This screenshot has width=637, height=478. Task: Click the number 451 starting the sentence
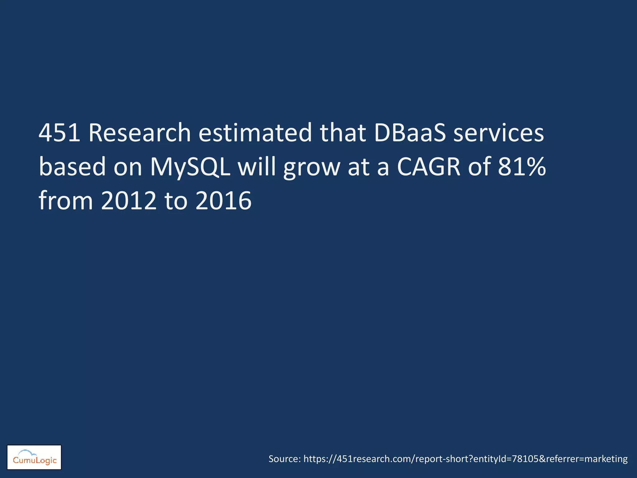(x=59, y=133)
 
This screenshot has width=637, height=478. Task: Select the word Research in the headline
(x=139, y=133)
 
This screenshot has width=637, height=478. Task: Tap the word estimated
(x=255, y=133)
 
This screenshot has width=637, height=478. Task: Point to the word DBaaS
(x=410, y=133)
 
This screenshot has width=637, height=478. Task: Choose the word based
(x=72, y=167)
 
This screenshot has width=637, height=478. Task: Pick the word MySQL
(x=190, y=167)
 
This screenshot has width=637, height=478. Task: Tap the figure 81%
(x=522, y=167)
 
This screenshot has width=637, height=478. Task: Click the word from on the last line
(x=66, y=201)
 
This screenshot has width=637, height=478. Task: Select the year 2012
(x=129, y=201)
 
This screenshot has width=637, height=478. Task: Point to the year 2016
(x=223, y=201)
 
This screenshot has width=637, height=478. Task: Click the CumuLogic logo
(x=34, y=457)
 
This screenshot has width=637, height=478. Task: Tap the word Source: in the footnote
(x=285, y=459)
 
